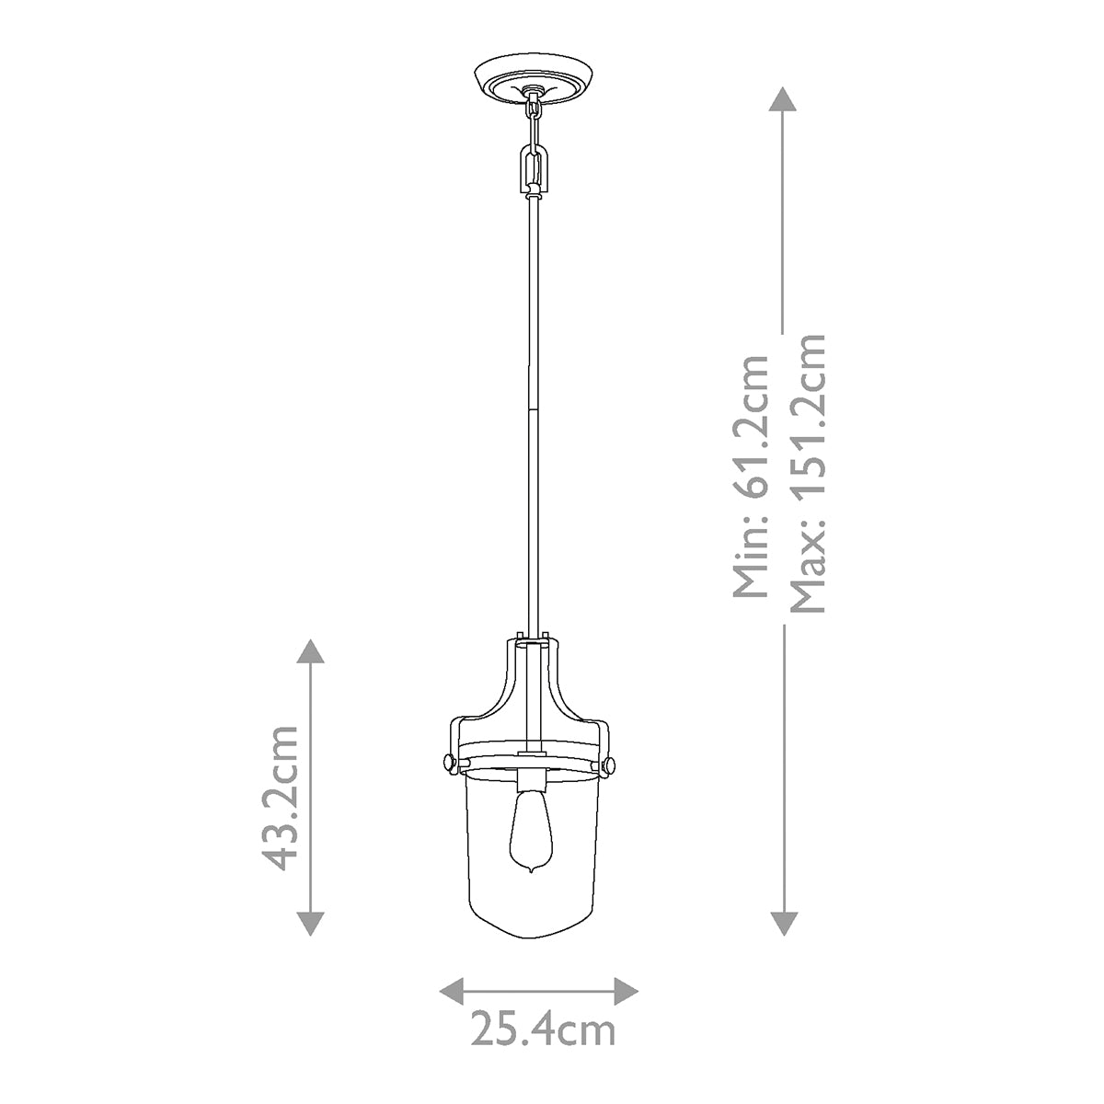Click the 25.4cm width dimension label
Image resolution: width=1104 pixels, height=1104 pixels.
click(543, 1028)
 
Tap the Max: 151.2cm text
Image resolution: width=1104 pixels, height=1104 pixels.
click(810, 473)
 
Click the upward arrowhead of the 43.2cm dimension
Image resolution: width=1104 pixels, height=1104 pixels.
click(311, 650)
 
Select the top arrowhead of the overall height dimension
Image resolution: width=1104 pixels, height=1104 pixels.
click(782, 98)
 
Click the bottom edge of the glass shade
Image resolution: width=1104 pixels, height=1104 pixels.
click(532, 937)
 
